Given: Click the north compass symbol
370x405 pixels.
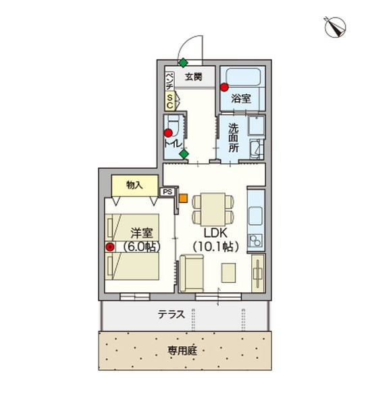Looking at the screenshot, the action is pyautogui.click(x=335, y=28).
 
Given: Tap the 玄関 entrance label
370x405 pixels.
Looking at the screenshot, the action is pyautogui.click(x=193, y=77).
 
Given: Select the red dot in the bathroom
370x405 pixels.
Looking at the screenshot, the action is pyautogui.click(x=224, y=87).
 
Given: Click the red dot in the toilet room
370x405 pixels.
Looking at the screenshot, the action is pyautogui.click(x=168, y=133).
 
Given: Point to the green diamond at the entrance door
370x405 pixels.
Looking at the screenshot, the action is pyautogui.click(x=183, y=63).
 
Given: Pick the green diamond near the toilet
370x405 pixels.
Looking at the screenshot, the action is pyautogui.click(x=184, y=154).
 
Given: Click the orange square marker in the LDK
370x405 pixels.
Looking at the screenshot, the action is pyautogui.click(x=183, y=198).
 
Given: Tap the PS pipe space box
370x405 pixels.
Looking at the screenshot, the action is pyautogui.click(x=167, y=192).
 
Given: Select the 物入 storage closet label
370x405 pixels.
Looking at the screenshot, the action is pyautogui.click(x=134, y=185).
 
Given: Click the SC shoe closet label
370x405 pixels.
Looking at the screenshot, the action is pyautogui.click(x=169, y=101).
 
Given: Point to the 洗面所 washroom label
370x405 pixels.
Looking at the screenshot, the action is pyautogui.click(x=234, y=138).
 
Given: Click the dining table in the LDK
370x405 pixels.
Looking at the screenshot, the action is pyautogui.click(x=213, y=209).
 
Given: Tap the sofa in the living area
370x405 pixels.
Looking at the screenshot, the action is pyautogui.click(x=191, y=273).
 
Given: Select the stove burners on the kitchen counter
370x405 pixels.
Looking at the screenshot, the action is pyautogui.click(x=256, y=241).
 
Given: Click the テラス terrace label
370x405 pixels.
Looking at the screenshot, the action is pyautogui.click(x=171, y=315).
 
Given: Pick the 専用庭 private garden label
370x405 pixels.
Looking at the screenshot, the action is pyautogui.click(x=182, y=350).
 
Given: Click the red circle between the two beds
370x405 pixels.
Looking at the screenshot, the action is pyautogui.click(x=110, y=247).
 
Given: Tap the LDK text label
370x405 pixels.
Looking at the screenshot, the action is pyautogui.click(x=215, y=233).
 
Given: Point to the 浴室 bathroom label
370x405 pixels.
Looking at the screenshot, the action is pyautogui.click(x=241, y=99).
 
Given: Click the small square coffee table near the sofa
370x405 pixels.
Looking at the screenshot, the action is pyautogui.click(x=228, y=273).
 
